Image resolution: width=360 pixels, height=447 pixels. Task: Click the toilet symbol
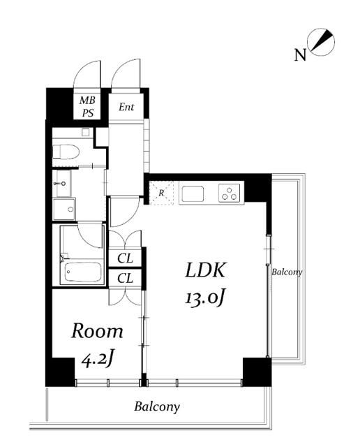[x=66, y=152]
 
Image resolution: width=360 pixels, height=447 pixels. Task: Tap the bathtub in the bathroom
[x=83, y=272]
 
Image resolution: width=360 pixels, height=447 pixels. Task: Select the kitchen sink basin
[x=193, y=194]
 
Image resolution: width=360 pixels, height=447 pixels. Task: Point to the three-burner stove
[x=230, y=193]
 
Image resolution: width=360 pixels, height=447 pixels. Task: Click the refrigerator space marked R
[x=161, y=193]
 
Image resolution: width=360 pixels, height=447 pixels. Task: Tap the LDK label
[x=205, y=270]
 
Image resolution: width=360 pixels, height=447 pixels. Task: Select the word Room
[x=97, y=331]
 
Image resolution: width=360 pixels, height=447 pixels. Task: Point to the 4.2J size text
[x=98, y=360]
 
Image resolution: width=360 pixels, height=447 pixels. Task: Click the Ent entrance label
[x=126, y=107]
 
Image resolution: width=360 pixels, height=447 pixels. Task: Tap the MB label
[x=87, y=101]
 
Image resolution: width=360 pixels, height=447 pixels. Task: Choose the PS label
[x=88, y=113]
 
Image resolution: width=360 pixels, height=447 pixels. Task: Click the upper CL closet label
[x=125, y=258]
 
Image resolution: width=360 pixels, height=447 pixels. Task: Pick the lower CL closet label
[x=125, y=278]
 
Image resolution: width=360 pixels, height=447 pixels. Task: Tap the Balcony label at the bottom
[x=157, y=406]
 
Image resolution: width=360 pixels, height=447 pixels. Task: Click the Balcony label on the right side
[x=287, y=272]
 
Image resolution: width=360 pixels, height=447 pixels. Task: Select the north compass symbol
[x=322, y=42]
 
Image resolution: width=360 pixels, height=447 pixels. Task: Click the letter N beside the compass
[x=300, y=55]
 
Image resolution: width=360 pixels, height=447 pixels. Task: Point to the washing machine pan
[x=64, y=210]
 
